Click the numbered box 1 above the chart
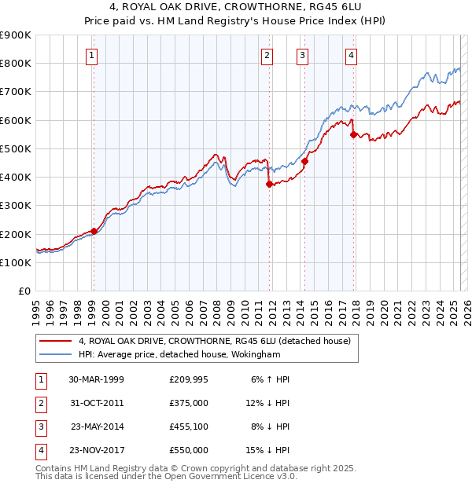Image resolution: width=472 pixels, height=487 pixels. (93, 55)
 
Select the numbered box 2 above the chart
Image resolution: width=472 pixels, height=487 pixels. (268, 55)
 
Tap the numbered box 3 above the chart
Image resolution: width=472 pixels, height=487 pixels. (303, 55)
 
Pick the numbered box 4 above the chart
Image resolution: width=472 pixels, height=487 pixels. (351, 55)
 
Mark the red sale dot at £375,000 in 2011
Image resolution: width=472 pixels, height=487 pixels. (269, 185)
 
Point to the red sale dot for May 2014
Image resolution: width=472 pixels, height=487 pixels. (304, 162)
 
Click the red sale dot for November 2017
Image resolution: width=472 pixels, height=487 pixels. (353, 134)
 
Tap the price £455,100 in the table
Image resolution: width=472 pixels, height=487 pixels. (189, 427)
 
